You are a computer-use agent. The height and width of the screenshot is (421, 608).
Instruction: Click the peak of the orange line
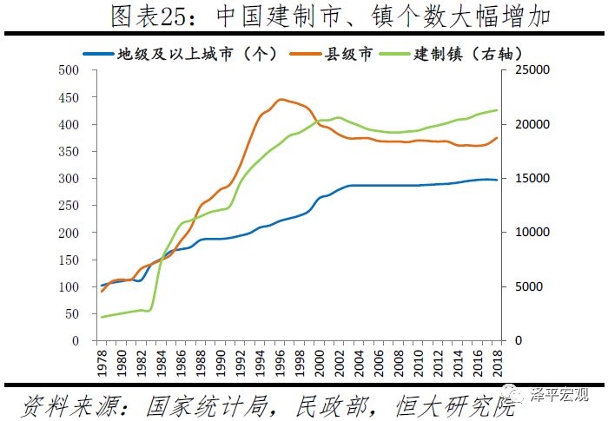pyautogui.click(x=281, y=99)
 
